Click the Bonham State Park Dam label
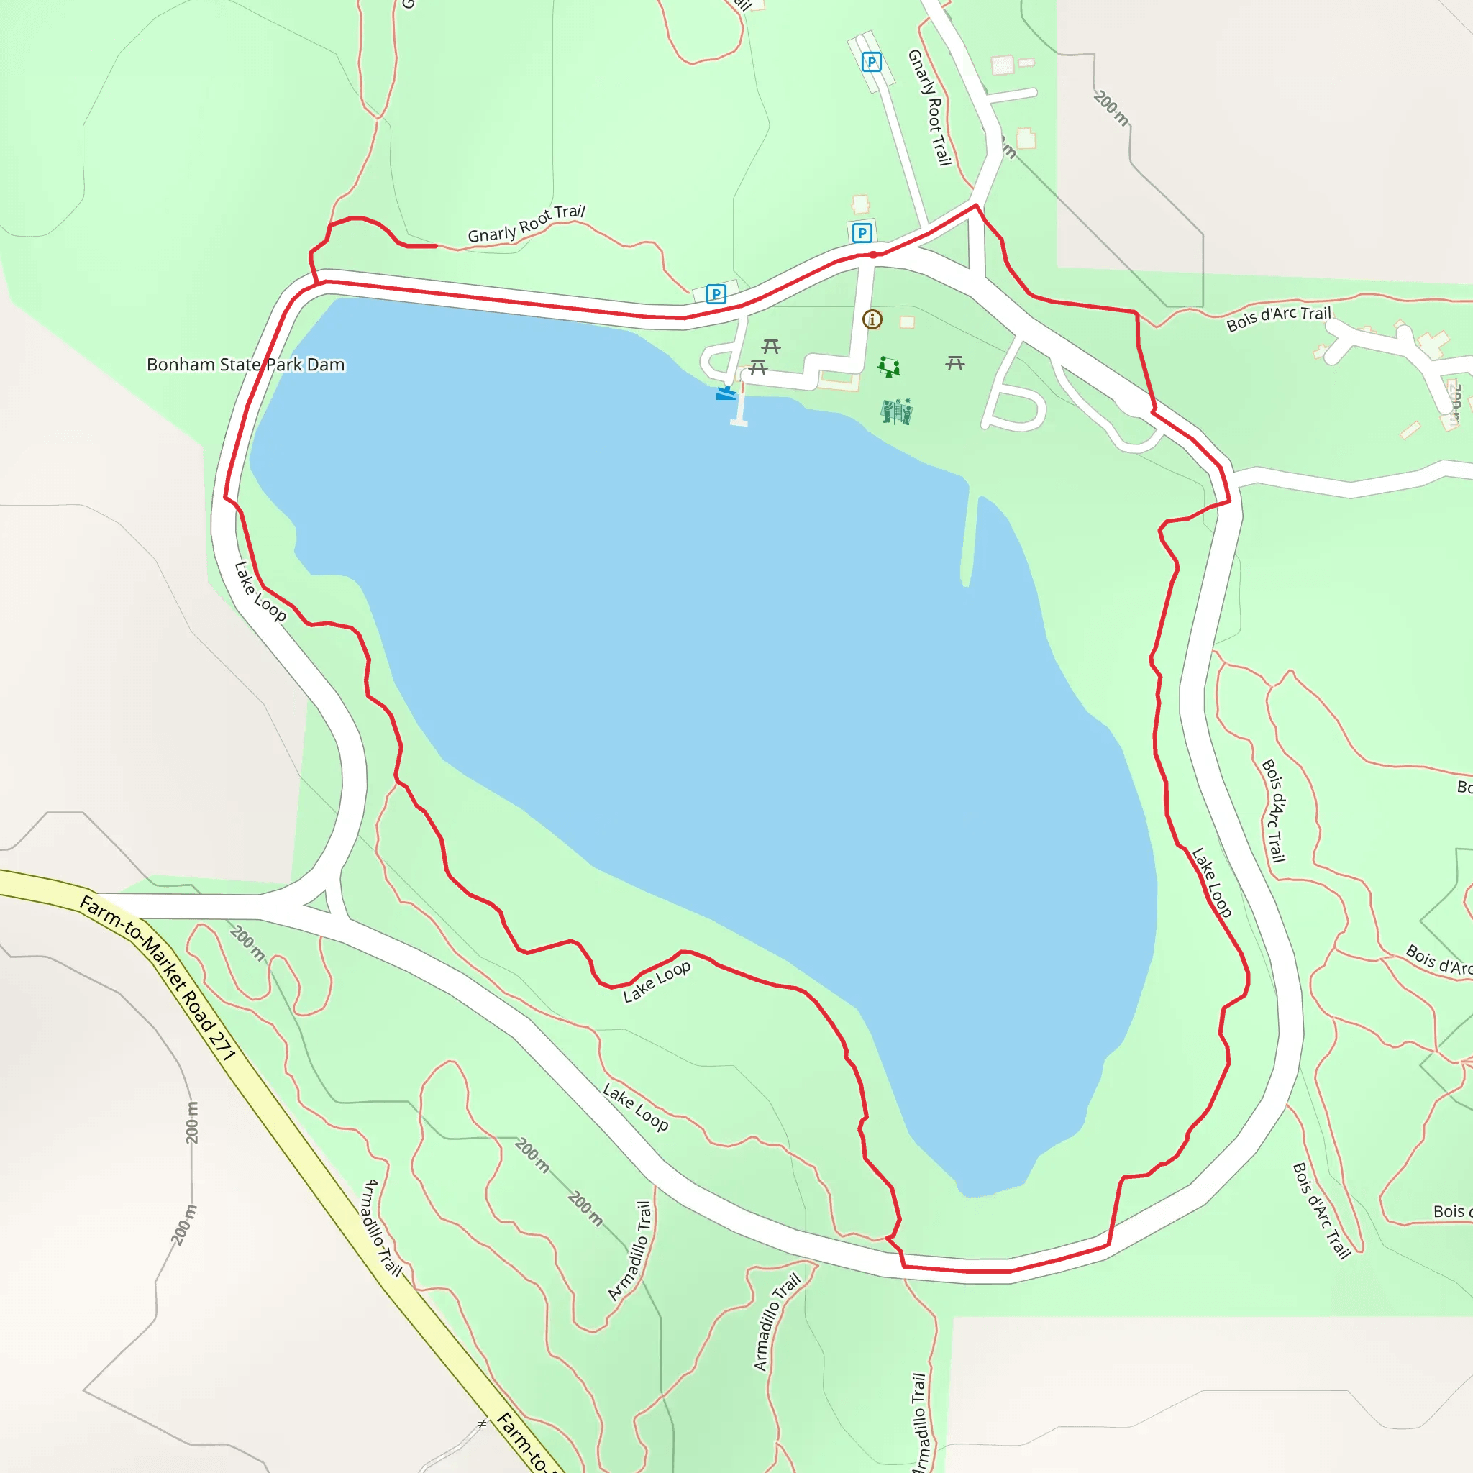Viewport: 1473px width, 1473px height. click(x=245, y=365)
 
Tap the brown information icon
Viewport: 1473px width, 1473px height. click(x=872, y=319)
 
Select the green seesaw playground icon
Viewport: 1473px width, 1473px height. click(x=888, y=367)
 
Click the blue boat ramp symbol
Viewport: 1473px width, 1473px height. click(x=726, y=393)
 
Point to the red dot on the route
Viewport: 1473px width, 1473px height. click(x=873, y=255)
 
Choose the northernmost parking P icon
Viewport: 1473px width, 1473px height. click(x=872, y=62)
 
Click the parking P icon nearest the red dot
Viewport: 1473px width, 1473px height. click(x=862, y=232)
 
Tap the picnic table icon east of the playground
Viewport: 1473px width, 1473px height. click(x=954, y=364)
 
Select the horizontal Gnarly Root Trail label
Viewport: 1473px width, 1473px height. click(x=526, y=224)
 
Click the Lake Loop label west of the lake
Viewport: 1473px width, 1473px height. click(x=260, y=592)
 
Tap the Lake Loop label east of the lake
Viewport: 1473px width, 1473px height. click(x=1211, y=882)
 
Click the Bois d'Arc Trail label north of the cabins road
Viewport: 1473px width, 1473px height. click(x=1278, y=319)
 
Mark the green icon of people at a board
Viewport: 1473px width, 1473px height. click(x=897, y=411)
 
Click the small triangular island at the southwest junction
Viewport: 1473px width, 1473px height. click(x=318, y=901)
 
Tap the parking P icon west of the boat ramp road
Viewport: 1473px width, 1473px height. click(x=715, y=293)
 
